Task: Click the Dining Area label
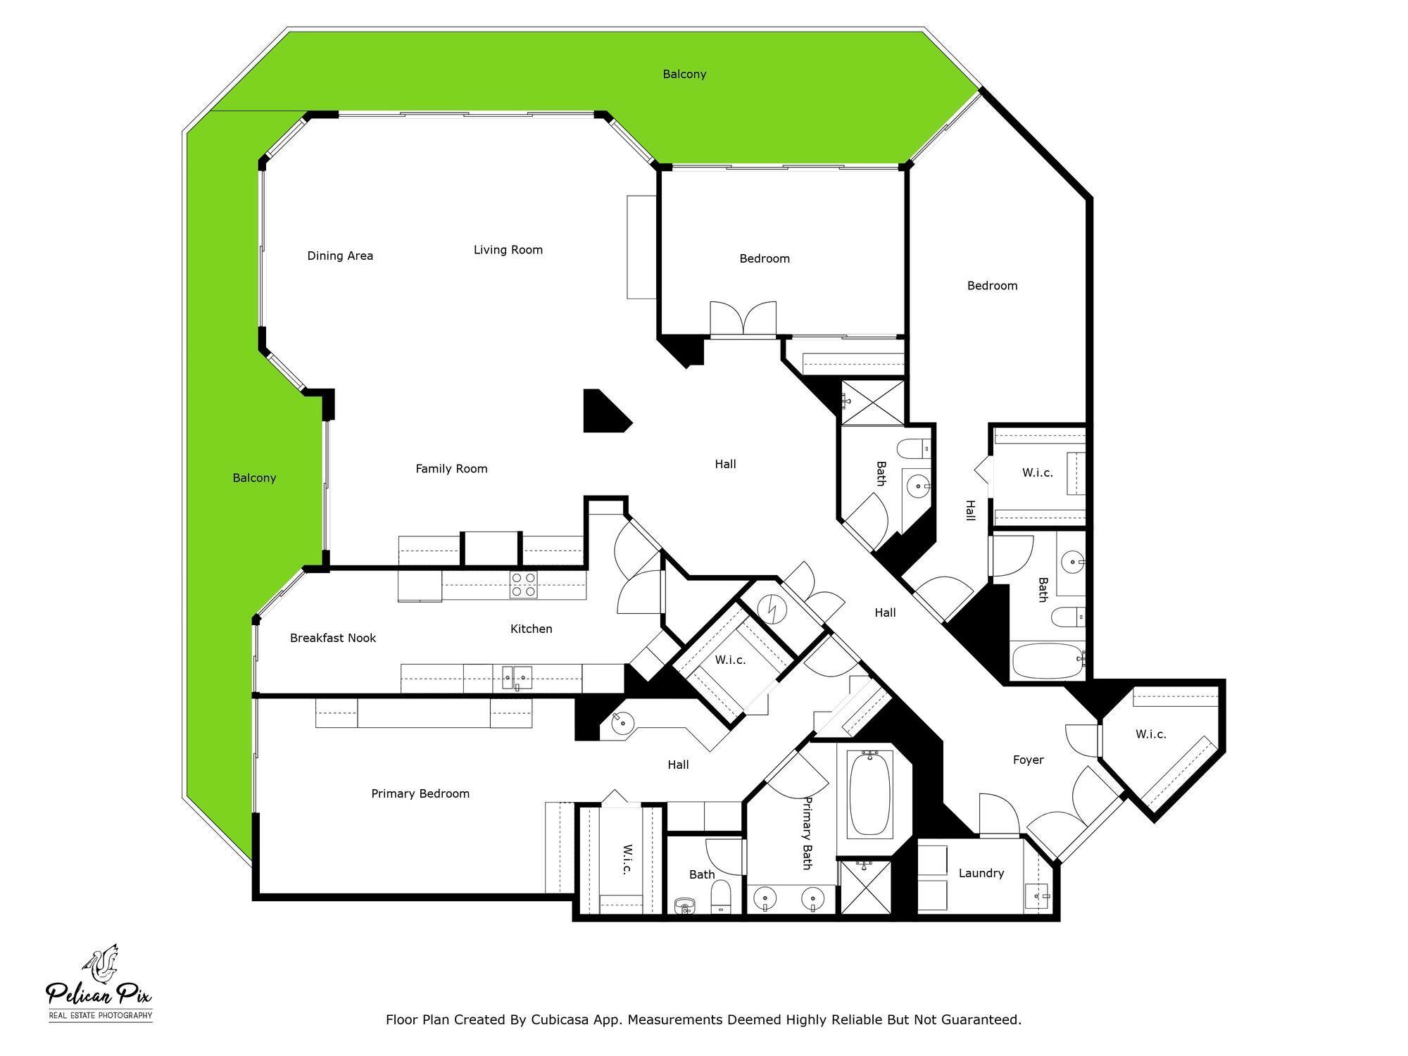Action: (340, 256)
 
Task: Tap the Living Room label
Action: (508, 249)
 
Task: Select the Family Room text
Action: (451, 468)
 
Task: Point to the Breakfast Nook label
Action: (333, 638)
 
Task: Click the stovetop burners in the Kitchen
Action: (523, 585)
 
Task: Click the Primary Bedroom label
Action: (420, 793)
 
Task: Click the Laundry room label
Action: (981, 873)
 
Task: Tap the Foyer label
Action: (1028, 760)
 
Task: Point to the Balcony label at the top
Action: (684, 74)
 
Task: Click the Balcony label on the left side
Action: (254, 478)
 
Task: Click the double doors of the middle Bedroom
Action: (743, 319)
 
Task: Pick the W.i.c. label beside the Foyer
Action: (1150, 734)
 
